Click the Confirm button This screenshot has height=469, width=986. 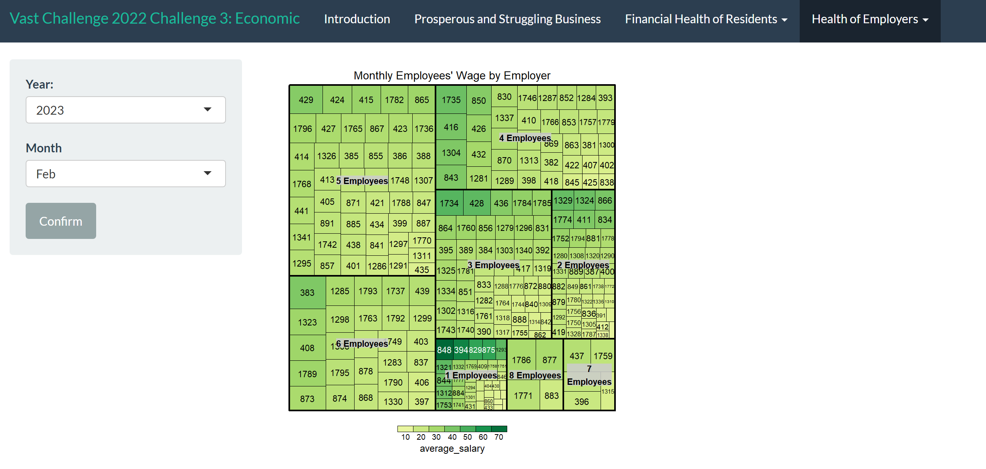(61, 221)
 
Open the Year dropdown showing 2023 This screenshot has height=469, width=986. (125, 110)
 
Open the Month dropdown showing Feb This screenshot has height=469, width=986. (125, 174)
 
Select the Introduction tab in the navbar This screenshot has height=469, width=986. (357, 19)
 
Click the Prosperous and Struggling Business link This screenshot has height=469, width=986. (507, 19)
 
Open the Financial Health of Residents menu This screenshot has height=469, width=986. (706, 19)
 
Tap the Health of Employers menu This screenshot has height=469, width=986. (869, 19)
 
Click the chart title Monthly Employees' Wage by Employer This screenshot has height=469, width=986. (452, 75)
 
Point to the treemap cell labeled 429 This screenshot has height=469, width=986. (306, 100)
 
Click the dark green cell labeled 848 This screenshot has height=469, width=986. (444, 350)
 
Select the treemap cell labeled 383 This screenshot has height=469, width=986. (307, 293)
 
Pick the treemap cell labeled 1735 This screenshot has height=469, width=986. (451, 100)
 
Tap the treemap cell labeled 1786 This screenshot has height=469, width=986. (521, 360)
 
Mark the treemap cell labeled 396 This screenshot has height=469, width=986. (581, 402)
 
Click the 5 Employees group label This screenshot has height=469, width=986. (362, 181)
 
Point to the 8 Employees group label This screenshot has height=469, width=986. (535, 375)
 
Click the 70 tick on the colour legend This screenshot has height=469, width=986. (498, 437)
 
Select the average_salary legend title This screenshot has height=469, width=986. (452, 449)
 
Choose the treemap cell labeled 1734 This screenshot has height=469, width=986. (449, 203)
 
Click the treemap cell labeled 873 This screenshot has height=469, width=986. (307, 399)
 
